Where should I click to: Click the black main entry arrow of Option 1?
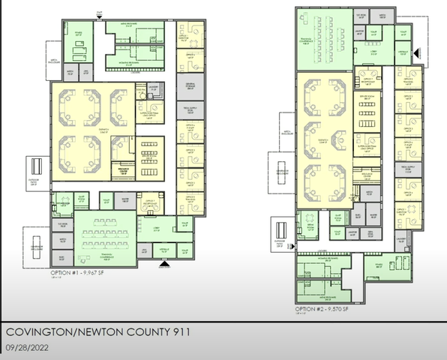pos(165,263)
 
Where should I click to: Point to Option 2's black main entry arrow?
pos(417,53)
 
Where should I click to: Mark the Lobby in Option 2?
pos(373,47)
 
